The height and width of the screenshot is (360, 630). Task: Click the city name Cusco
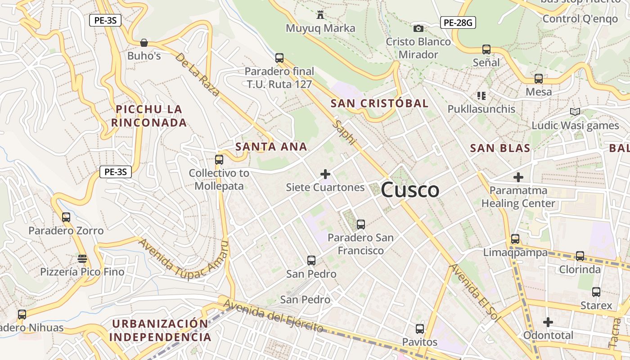point(410,190)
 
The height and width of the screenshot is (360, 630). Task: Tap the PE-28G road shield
point(458,22)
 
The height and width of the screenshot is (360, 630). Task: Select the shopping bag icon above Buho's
point(144,43)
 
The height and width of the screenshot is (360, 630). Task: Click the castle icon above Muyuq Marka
point(320,15)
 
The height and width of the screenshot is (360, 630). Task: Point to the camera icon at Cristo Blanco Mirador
point(418,28)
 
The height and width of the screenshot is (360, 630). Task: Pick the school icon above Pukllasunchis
point(481,95)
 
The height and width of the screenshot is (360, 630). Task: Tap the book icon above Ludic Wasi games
point(575,112)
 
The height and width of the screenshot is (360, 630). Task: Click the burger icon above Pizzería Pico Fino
point(82,258)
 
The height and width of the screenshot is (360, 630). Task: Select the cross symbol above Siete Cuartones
point(325,174)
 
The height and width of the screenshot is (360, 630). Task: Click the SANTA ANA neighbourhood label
point(271,146)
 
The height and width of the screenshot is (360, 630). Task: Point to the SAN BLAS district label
point(500,148)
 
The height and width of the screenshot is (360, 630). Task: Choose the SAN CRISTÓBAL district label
point(379,103)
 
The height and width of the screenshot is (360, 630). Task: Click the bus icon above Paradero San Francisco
point(360,224)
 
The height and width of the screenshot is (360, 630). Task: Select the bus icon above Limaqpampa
point(515,239)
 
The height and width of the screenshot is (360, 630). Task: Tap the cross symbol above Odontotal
point(548,322)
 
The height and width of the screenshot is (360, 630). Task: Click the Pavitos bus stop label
point(419,342)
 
